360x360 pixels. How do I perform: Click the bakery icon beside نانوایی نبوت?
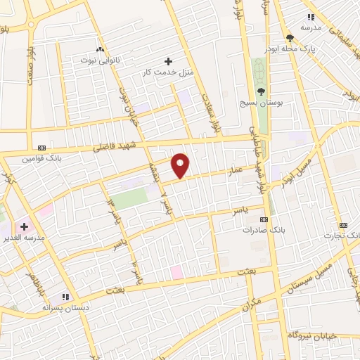pyautogui.click(x=98, y=50)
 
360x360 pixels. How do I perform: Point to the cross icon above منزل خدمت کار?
pyautogui.click(x=167, y=61)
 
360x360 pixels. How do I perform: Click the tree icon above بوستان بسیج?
pyautogui.click(x=261, y=91)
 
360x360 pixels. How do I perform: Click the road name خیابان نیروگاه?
pyautogui.click(x=313, y=335)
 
